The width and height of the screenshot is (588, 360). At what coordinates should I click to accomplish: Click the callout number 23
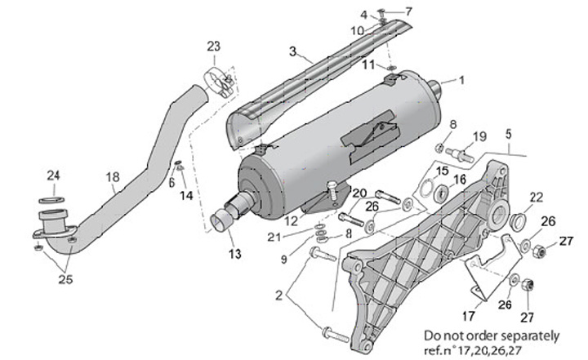[x=213, y=46]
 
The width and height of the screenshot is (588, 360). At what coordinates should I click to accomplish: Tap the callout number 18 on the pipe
[x=113, y=176]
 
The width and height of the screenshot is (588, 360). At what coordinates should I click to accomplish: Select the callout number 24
[x=53, y=175]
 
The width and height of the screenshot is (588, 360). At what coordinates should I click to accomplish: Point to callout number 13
[x=235, y=253]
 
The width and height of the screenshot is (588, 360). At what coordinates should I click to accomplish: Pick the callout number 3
[x=291, y=51]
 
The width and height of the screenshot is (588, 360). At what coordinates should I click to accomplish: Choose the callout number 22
[x=536, y=196]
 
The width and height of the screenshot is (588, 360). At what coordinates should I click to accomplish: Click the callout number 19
[x=479, y=136]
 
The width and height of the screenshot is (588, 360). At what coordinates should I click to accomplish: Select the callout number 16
[x=461, y=179]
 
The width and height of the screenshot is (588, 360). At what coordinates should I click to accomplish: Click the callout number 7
[x=409, y=11]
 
